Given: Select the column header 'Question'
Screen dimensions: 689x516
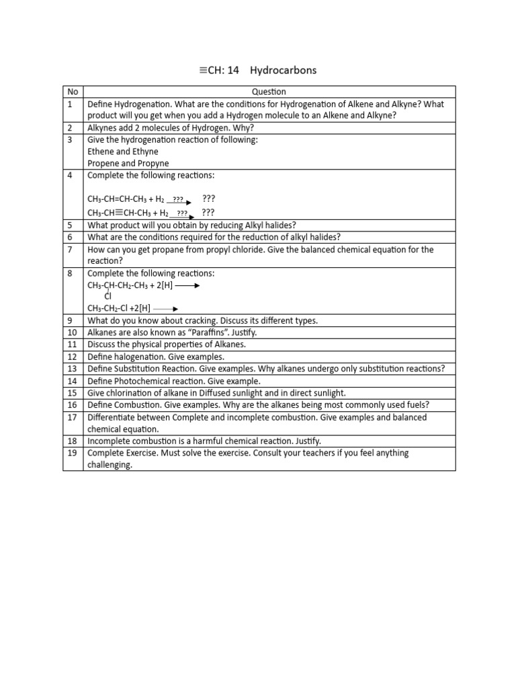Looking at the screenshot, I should point(269,92).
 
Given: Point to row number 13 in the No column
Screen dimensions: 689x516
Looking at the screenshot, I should point(73,369).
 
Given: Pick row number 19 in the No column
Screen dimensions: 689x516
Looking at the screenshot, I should point(73,453).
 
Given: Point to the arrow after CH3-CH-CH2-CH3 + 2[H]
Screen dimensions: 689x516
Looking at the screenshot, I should point(187,285).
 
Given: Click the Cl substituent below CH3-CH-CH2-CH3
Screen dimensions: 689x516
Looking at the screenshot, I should point(107,296).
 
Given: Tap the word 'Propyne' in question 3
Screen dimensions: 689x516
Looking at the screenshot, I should point(154,164).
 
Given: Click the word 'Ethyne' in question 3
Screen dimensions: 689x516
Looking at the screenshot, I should point(146,151).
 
